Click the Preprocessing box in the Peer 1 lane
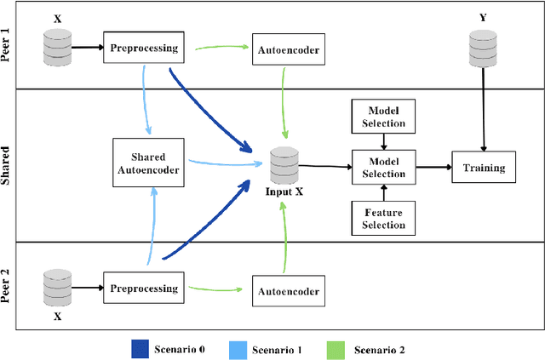pyautogui.click(x=144, y=49)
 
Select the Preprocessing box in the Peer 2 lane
pyautogui.click(x=144, y=289)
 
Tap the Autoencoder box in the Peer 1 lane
pyautogui.click(x=288, y=50)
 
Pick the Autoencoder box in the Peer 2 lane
pyautogui.click(x=288, y=292)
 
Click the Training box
pyautogui.click(x=483, y=168)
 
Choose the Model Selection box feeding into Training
pyautogui.click(x=383, y=168)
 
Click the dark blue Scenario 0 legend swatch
pyautogui.click(x=140, y=349)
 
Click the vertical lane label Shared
pyautogui.click(x=8, y=166)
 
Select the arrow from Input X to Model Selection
pyautogui.click(x=324, y=167)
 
